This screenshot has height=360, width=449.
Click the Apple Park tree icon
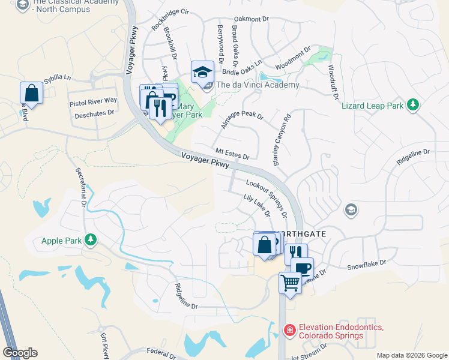pos(91,241)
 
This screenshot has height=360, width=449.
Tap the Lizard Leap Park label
pos(373,106)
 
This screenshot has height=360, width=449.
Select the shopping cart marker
pos(290,281)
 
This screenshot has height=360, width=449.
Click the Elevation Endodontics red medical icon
pos(289,330)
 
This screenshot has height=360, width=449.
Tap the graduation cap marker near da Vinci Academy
pos(202,72)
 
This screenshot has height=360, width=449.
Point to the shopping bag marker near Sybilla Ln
pos(31,93)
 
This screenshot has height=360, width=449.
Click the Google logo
pos(20,353)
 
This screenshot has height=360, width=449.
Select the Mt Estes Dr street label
pos(232,154)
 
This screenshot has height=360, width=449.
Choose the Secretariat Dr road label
pos(80,185)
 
